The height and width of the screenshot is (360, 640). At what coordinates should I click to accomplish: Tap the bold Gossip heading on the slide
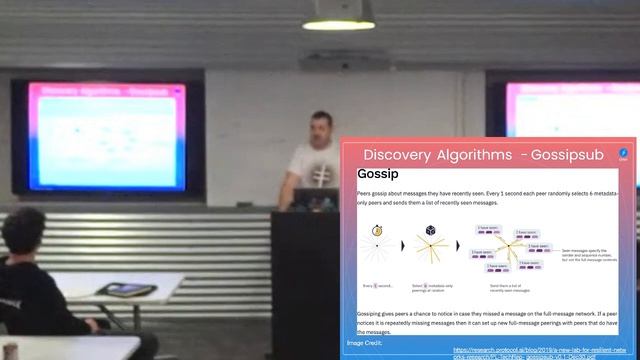pos(377,177)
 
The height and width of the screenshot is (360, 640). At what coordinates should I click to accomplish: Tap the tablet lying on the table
pos(127,290)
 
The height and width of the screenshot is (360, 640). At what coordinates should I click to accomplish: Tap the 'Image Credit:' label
pos(366,343)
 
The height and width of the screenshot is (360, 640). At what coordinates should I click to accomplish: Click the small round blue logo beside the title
pos(622,154)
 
